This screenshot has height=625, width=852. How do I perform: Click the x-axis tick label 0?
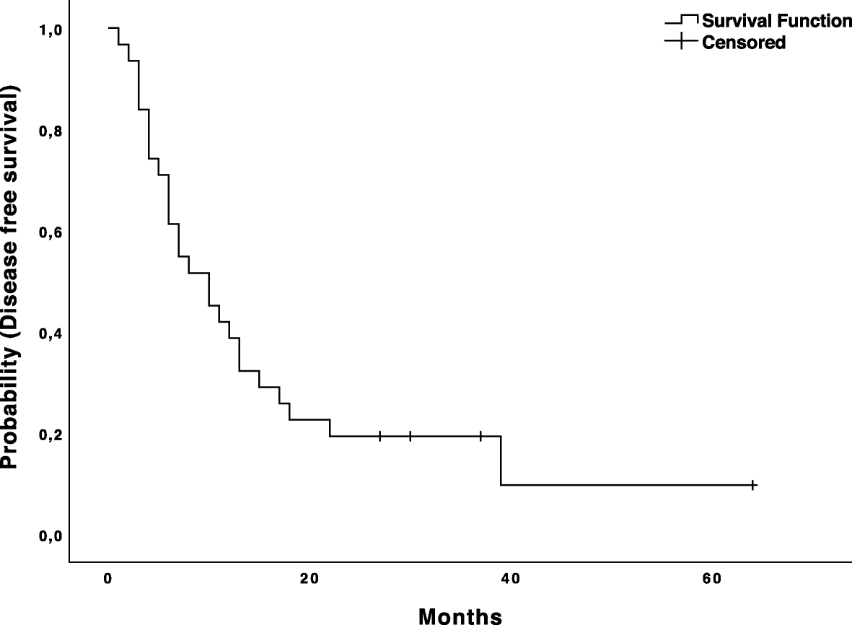point(108,578)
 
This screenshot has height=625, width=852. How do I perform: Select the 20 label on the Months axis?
point(309,578)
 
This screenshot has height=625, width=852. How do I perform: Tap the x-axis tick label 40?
point(509,578)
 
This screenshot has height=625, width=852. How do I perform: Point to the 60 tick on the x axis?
point(711,578)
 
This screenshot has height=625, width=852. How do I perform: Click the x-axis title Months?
point(460,615)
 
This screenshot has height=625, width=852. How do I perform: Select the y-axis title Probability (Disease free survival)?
point(10,278)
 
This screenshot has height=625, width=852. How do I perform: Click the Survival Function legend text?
point(776,21)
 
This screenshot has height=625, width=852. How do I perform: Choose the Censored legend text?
point(744,43)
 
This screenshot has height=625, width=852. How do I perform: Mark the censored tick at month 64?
point(752,485)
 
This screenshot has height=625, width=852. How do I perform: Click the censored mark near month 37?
point(480,436)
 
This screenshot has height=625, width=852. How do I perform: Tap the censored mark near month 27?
point(380,436)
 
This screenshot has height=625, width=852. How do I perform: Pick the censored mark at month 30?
point(410,436)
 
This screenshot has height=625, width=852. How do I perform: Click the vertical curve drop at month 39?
point(501,460)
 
